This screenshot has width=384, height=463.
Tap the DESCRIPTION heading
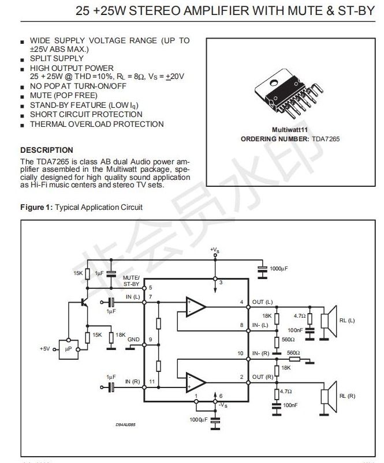pos(47,150)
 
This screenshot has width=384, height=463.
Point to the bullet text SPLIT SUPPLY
pos(57,58)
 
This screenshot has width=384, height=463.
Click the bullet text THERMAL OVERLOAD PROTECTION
pos(96,124)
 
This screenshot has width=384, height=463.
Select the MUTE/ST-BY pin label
pos(131,281)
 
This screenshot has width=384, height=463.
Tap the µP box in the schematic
pos(68,349)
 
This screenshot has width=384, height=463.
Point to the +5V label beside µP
pos(46,349)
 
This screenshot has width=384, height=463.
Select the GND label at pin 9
pos(133,340)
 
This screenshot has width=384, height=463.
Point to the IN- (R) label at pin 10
pos(262,353)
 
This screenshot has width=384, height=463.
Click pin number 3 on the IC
pos(220,282)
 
